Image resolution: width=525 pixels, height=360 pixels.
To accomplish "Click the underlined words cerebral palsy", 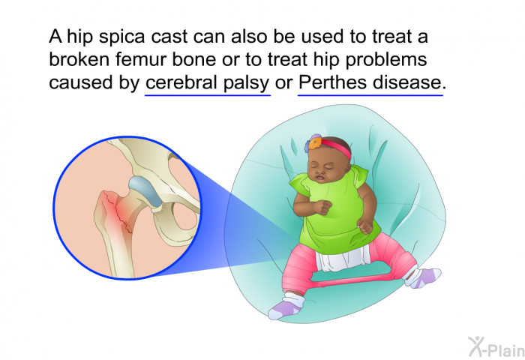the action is tap(208, 82).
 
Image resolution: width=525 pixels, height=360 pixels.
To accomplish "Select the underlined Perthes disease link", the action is tap(370, 82).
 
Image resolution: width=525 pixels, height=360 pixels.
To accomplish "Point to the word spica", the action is tap(121, 37).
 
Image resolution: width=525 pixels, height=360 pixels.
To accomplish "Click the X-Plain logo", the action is tap(496, 347).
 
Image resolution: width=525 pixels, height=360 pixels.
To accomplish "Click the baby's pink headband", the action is tap(337, 148).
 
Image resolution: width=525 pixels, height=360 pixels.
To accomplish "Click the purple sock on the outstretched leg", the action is tap(425, 277).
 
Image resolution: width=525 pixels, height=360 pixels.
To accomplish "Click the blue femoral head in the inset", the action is tap(145, 190).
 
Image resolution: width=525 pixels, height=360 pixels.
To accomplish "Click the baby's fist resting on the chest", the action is tap(322, 206).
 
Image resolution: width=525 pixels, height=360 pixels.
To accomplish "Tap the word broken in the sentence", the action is tap(79, 59).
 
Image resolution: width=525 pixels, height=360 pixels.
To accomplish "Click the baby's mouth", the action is tap(319, 178).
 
